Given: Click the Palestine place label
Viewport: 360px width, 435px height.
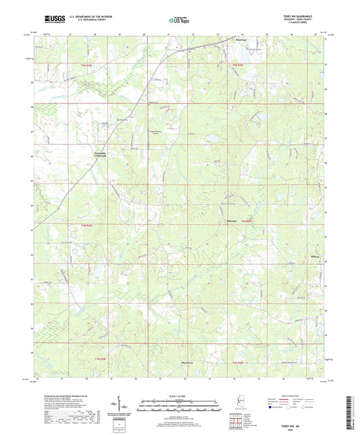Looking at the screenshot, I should pos(230,220).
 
